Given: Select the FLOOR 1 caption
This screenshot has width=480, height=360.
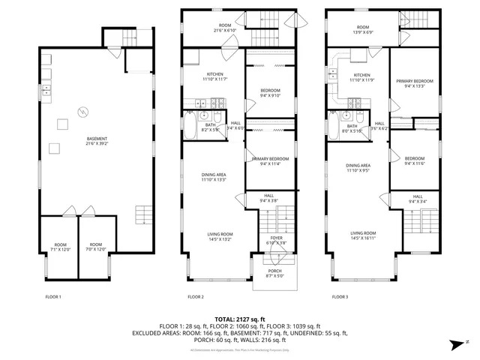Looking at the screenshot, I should pos(52,298).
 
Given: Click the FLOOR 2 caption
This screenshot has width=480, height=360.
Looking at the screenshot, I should pos(195,298).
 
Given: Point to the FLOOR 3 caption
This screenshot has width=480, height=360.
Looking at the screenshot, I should pos(340,298).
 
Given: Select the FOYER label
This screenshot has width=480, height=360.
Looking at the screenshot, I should pos(277,240).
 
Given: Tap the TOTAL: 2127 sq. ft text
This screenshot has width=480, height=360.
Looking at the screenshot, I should pos(240,319).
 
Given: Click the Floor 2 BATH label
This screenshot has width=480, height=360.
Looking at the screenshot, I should pos(211,127).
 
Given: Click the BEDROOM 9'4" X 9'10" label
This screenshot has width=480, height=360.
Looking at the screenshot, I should pos(269,92).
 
